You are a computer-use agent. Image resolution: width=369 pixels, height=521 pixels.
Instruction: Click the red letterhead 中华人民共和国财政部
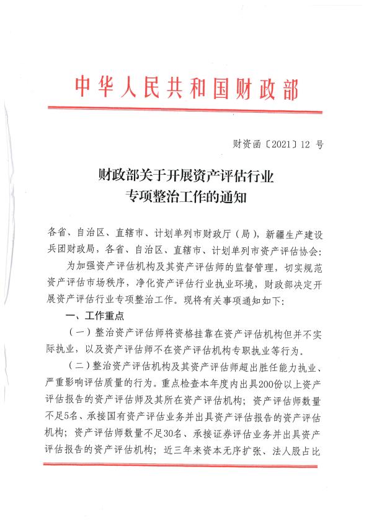[x=186, y=88]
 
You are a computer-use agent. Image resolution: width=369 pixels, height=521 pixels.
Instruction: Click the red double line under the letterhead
[x=185, y=110]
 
